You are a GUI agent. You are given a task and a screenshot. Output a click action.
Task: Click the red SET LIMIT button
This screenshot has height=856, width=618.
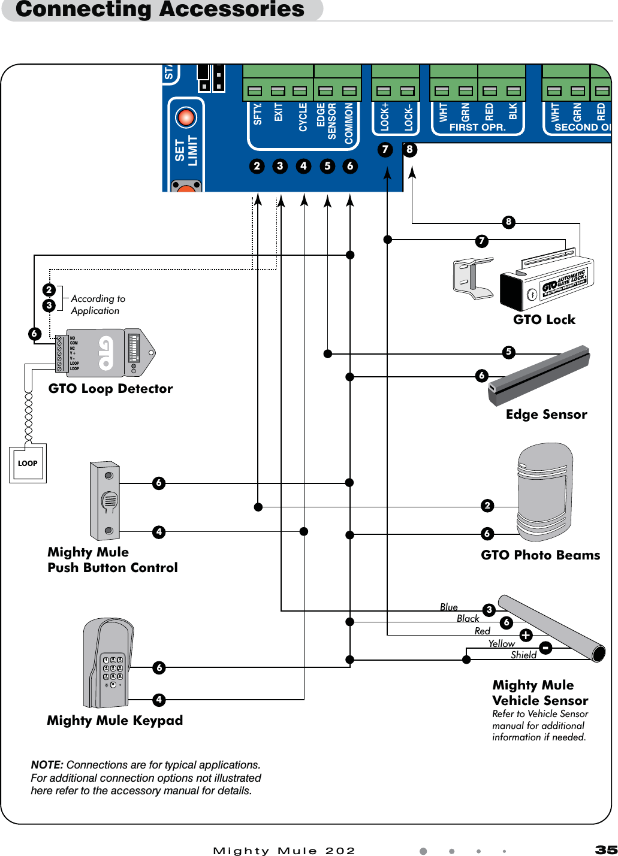186,117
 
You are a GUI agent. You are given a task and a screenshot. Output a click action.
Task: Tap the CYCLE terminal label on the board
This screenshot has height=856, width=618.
303,117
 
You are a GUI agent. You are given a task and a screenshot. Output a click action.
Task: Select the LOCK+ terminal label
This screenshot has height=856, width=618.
385,117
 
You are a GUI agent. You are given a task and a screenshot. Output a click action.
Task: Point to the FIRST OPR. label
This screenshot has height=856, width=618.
477,128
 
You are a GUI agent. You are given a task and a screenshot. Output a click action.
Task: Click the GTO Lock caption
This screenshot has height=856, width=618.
544,320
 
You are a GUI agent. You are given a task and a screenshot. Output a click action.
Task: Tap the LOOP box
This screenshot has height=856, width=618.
28,463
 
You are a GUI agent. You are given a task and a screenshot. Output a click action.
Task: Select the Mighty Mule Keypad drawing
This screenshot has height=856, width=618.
108,663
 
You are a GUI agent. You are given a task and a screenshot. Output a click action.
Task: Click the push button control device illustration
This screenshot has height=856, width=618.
105,501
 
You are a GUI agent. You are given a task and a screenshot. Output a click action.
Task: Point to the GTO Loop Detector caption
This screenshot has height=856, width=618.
110,389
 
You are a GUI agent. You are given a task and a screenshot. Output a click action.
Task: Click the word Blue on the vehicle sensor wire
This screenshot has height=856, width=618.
448,607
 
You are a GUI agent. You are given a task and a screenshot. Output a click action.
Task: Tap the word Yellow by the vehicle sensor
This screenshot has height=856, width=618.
501,643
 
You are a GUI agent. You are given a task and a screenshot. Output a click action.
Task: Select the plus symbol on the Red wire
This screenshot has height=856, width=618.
526,635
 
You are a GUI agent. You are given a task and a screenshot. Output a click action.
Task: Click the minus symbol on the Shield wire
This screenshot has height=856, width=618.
545,648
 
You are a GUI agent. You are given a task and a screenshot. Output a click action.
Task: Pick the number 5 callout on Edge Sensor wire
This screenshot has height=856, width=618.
508,352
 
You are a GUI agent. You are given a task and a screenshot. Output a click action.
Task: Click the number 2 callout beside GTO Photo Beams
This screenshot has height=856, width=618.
487,506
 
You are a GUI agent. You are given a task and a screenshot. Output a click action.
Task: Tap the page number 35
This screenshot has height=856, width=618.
605,850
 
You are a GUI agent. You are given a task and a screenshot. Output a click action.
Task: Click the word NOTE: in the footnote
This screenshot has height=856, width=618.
47,765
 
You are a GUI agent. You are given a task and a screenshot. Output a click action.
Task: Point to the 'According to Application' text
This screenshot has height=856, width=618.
98,304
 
